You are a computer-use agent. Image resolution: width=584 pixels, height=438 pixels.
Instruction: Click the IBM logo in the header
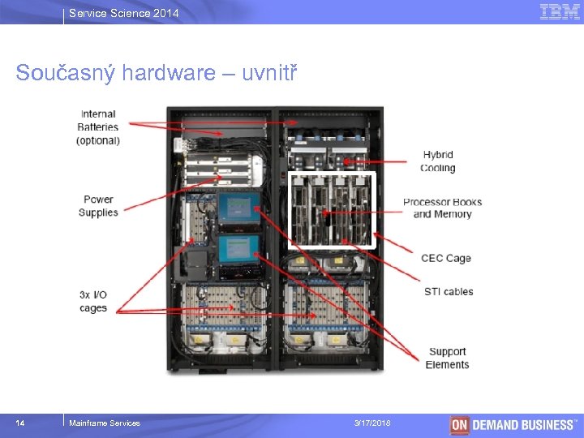[560, 11]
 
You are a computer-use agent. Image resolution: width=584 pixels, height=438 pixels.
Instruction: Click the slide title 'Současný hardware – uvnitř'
[157, 74]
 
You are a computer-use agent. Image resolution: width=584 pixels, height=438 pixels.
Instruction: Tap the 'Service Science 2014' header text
[124, 13]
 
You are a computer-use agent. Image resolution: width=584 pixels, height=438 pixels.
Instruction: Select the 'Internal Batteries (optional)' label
[98, 127]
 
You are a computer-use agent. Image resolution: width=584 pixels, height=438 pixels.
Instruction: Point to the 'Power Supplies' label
[98, 206]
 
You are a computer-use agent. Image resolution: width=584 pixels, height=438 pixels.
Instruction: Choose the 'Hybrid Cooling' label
[438, 161]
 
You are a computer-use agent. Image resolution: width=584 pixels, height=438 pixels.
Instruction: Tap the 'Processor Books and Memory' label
[442, 208]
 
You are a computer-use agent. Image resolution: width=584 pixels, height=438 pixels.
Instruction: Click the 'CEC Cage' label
[445, 258]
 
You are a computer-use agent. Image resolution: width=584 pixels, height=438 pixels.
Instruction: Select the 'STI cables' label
[448, 291]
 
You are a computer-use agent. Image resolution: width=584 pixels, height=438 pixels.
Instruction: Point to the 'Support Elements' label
[447, 358]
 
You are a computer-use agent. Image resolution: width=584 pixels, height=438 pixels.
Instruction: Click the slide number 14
[20, 423]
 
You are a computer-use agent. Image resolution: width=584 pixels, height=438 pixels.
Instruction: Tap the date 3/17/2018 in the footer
[372, 423]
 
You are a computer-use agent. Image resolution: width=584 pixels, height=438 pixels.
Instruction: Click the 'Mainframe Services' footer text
[105, 423]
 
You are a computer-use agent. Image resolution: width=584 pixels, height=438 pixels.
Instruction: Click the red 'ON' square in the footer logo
[460, 424]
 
